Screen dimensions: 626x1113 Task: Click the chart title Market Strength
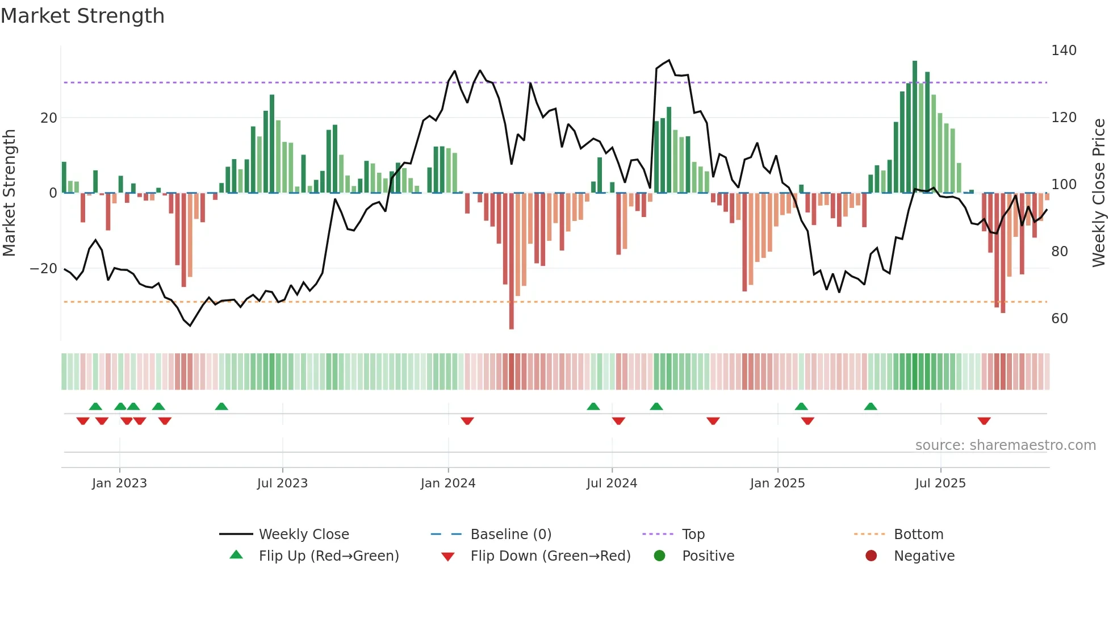point(82,16)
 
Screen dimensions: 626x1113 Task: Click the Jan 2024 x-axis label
point(448,483)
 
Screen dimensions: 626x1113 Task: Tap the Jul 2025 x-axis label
point(940,483)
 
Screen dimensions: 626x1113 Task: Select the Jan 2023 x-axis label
point(119,483)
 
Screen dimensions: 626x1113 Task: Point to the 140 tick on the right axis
point(1064,51)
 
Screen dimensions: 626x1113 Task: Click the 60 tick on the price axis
point(1060,319)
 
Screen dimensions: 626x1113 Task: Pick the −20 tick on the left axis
point(44,269)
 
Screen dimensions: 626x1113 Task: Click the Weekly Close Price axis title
point(1099,193)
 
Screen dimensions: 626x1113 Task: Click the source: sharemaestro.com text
point(1005,445)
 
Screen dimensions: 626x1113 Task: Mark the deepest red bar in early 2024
point(512,261)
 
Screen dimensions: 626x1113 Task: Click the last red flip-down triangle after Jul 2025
point(984,421)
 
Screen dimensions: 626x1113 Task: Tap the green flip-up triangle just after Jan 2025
point(801,406)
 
